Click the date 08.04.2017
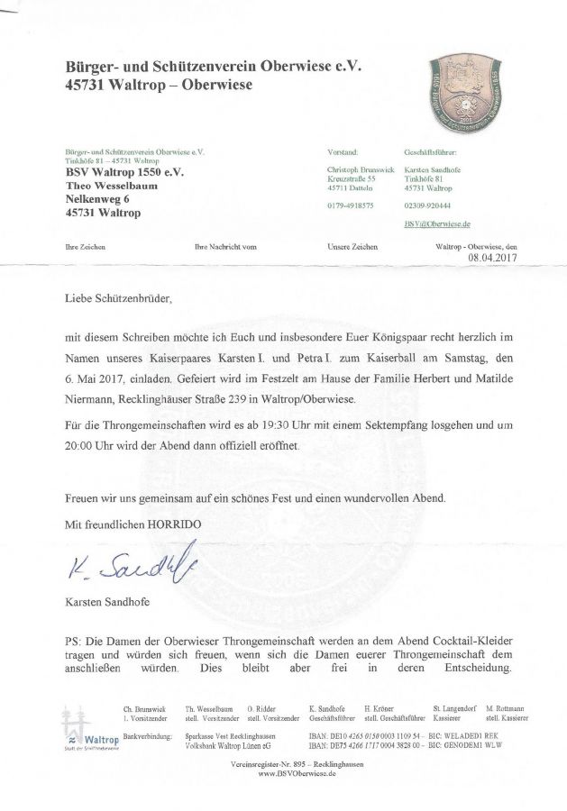coord(493,258)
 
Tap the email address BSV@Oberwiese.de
coord(430,223)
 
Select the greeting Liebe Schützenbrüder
coord(117,296)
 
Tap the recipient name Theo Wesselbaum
coord(114,186)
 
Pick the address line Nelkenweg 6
coord(100,199)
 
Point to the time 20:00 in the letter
coord(81,446)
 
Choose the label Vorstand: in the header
coord(343,153)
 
